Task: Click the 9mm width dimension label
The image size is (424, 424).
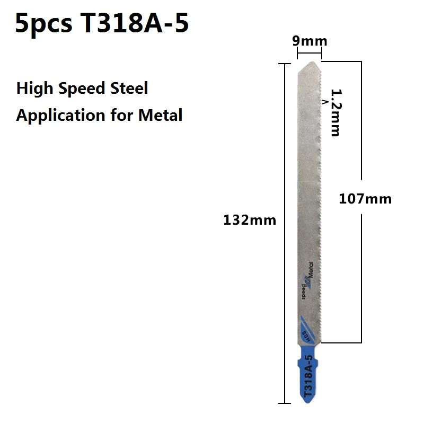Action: (310, 41)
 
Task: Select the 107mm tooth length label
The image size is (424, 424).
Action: (365, 199)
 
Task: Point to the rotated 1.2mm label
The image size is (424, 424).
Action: (335, 112)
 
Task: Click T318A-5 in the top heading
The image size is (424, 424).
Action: (134, 24)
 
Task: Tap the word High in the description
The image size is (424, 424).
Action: (34, 88)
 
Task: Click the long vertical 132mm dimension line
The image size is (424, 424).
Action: (285, 318)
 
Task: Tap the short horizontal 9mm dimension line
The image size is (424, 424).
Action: (310, 52)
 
